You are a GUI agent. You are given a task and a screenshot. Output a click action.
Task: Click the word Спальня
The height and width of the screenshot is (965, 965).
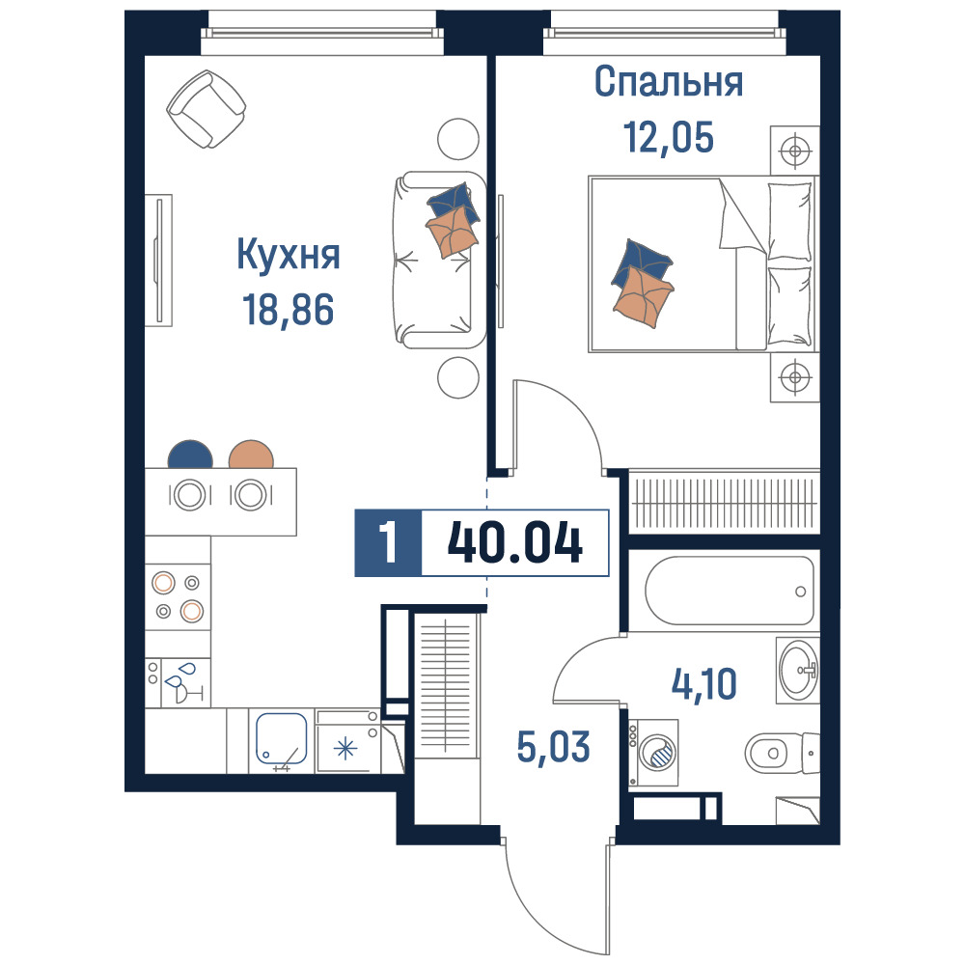click(669, 82)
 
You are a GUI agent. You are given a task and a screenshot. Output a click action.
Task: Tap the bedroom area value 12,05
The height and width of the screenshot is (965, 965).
click(669, 137)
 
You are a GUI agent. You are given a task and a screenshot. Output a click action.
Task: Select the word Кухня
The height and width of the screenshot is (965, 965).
click(288, 254)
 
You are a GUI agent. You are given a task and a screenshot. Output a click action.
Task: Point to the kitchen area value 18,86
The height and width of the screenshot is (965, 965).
click(288, 310)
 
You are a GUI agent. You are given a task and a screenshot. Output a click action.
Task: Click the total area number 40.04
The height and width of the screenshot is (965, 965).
click(515, 542)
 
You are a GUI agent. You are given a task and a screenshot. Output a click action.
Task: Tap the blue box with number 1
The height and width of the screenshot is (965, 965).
click(388, 542)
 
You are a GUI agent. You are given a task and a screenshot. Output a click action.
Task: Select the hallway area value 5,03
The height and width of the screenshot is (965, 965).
click(553, 747)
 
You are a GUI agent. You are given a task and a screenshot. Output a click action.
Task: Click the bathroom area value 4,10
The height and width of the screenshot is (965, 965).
click(704, 684)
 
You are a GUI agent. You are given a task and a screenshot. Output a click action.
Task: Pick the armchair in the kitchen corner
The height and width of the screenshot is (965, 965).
click(207, 109)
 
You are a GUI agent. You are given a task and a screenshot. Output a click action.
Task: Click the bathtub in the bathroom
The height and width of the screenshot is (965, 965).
click(730, 591)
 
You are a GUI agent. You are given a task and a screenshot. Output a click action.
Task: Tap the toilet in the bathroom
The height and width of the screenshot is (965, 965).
click(782, 753)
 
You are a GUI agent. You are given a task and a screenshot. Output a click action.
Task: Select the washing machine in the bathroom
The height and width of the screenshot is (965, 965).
click(653, 753)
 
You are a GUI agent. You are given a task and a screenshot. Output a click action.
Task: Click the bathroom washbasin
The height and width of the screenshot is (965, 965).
click(798, 671)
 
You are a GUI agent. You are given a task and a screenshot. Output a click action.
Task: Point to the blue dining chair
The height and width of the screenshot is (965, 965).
click(190, 455)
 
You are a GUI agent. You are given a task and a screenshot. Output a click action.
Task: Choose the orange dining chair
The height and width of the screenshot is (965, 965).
click(251, 455)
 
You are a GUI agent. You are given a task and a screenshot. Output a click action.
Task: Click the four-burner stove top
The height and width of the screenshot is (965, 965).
click(178, 597)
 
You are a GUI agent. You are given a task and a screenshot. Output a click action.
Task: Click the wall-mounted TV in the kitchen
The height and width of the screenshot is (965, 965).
click(159, 261)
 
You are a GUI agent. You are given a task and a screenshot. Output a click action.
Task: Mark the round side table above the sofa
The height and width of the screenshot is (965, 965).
click(457, 139)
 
